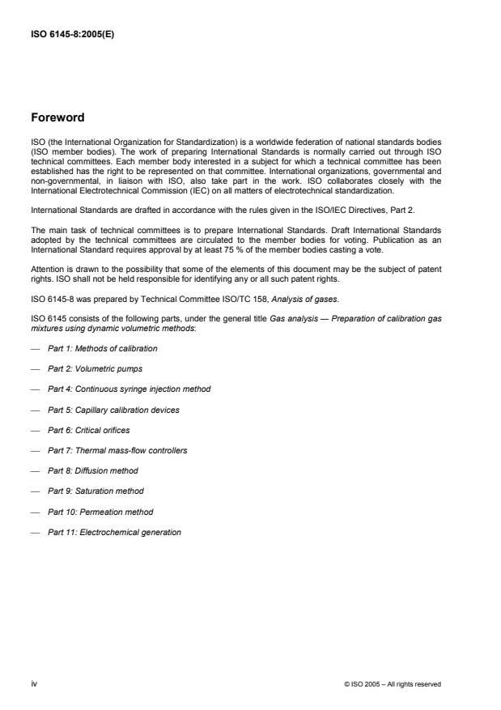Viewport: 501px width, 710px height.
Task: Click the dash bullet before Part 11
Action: point(35,532)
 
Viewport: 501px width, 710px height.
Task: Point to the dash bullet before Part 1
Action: point(35,348)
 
